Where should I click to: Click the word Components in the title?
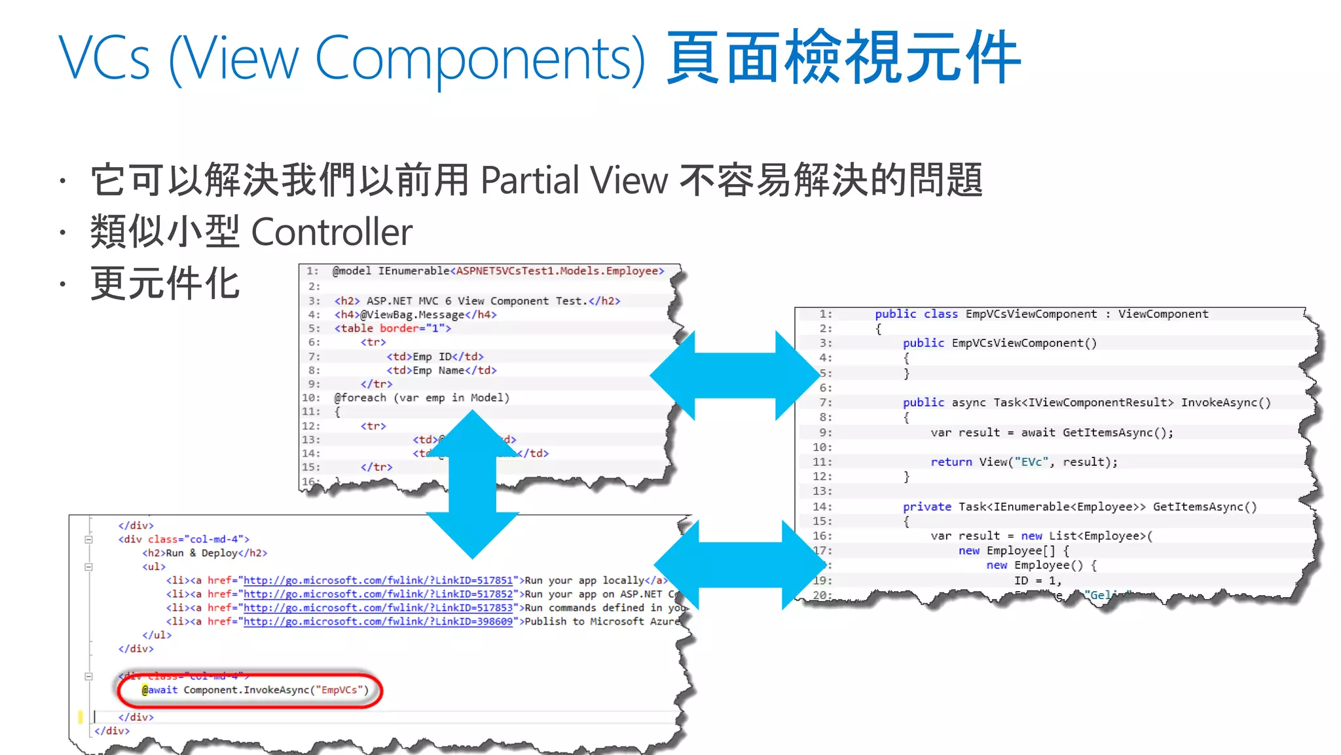click(480, 59)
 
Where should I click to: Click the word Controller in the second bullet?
click(331, 232)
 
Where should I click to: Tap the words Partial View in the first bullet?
click(574, 180)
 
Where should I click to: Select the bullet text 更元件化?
click(166, 284)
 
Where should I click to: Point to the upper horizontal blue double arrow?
click(735, 376)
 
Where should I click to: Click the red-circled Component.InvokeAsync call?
click(255, 690)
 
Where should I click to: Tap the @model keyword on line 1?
click(352, 271)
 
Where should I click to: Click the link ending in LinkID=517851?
click(378, 581)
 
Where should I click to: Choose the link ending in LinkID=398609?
click(378, 622)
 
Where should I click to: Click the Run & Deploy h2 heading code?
click(204, 553)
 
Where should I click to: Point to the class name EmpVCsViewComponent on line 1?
click(1031, 314)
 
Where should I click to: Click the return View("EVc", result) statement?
click(1024, 462)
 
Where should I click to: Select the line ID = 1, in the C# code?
click(1037, 581)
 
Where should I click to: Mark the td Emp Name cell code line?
click(441, 370)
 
